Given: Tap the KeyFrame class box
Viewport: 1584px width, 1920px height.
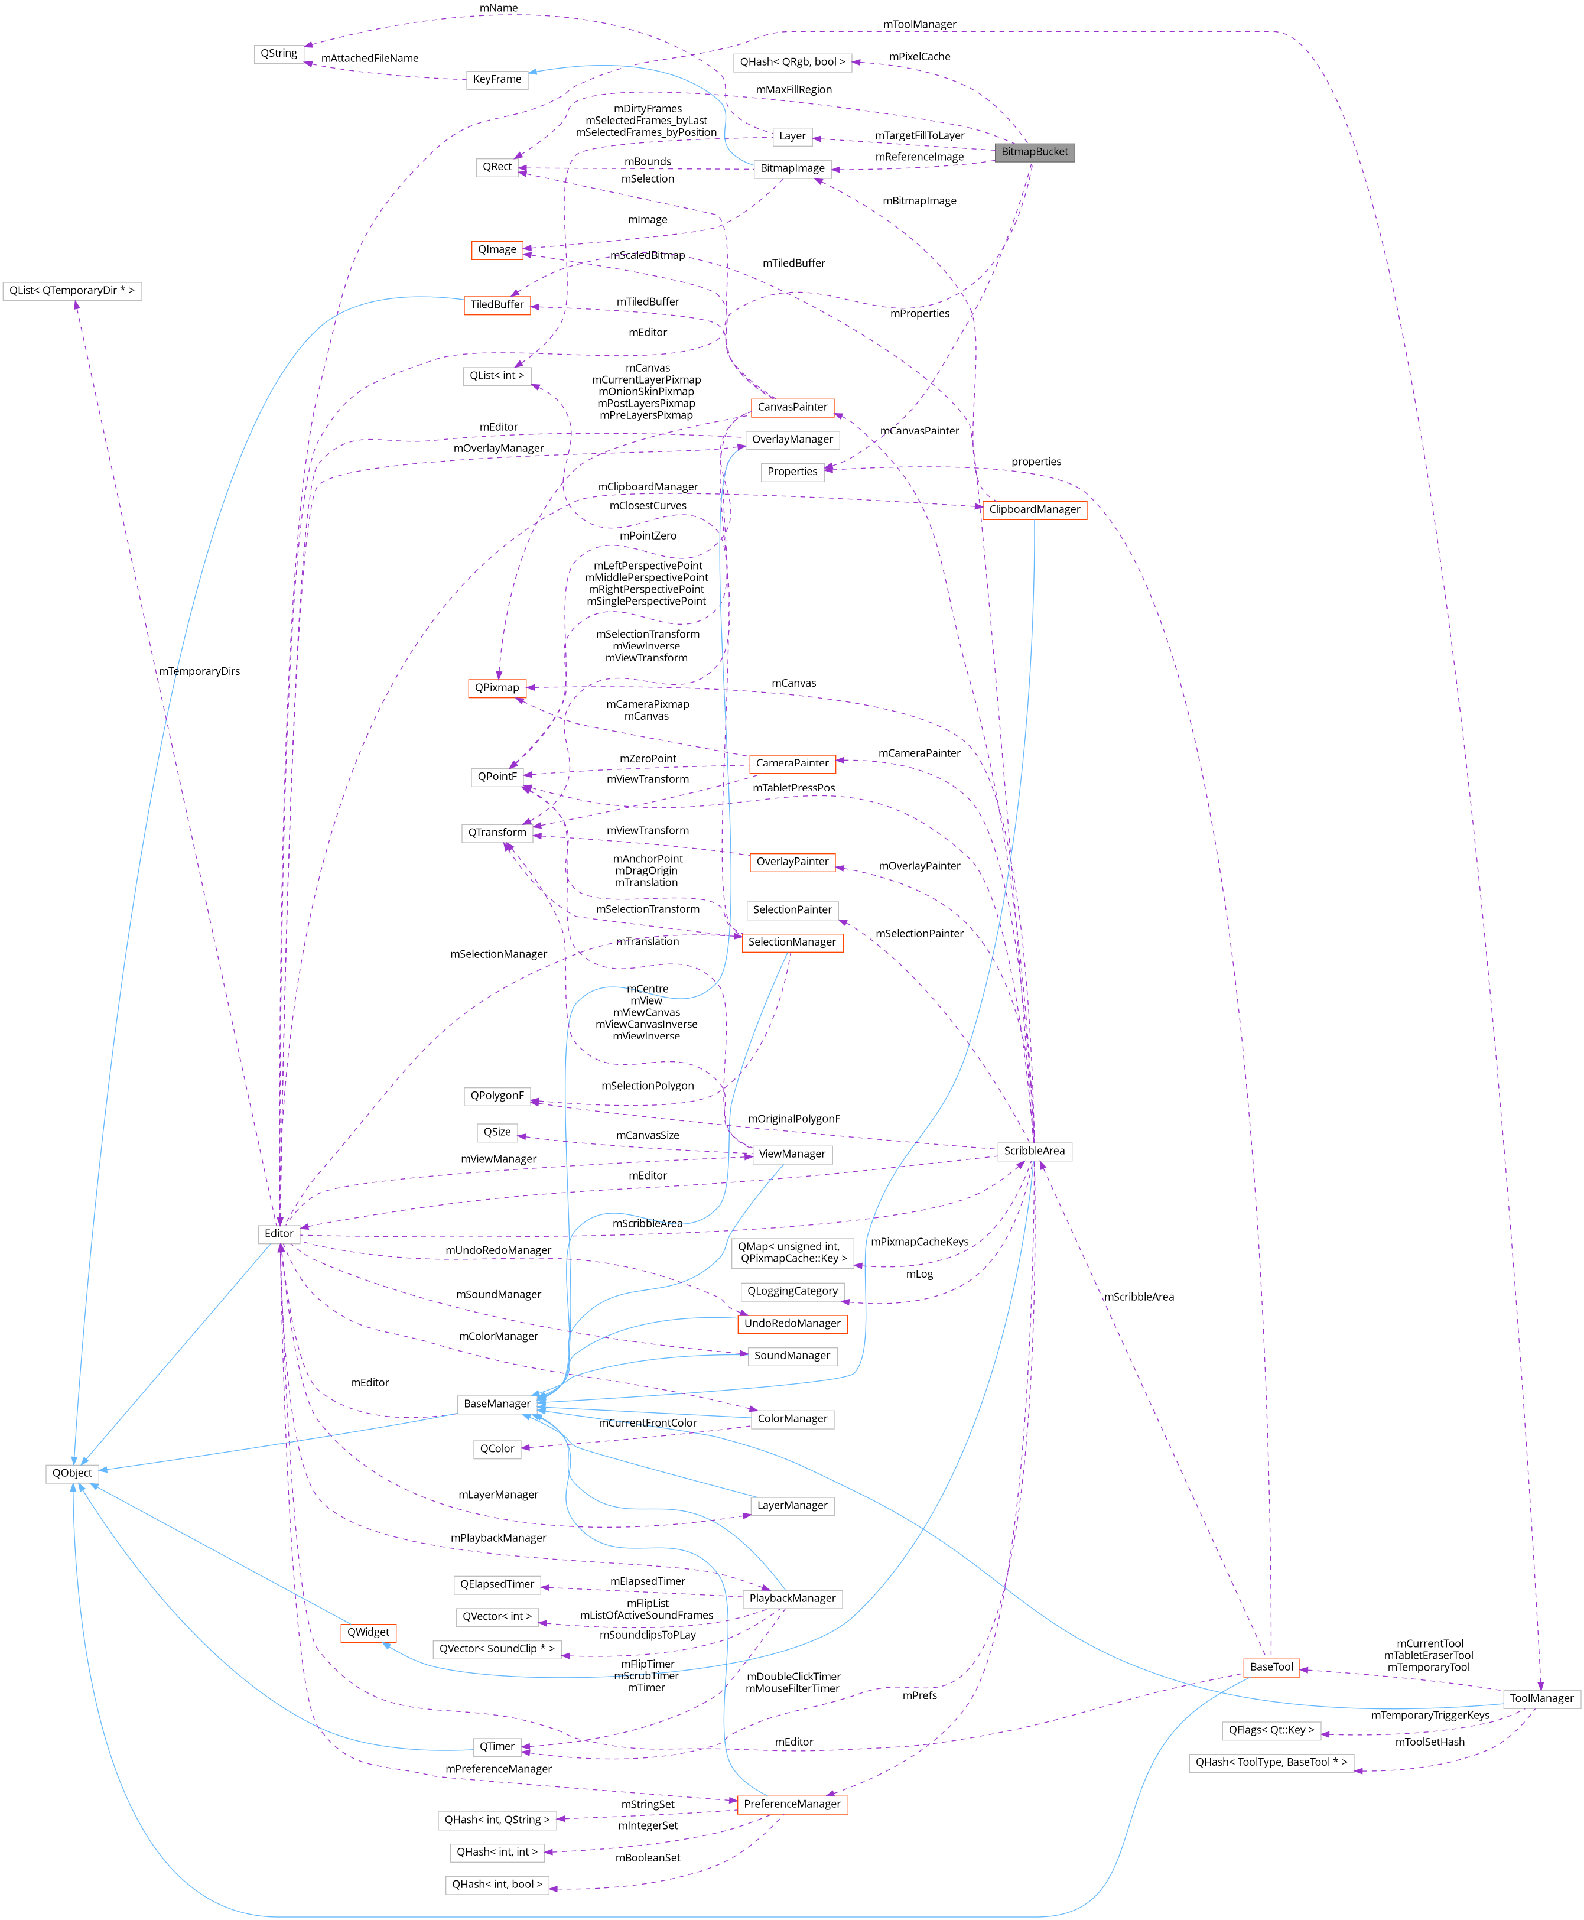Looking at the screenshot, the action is pos(497,79).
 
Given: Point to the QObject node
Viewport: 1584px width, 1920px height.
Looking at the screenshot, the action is pos(72,1473).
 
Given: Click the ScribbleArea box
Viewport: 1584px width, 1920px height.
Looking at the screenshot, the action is pos(1034,1151).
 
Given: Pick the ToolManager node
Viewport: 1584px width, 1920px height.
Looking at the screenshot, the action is pos(1541,1698).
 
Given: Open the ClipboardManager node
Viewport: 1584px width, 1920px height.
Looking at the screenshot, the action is pos(1034,509).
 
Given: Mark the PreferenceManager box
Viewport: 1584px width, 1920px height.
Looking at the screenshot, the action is pos(792,1804).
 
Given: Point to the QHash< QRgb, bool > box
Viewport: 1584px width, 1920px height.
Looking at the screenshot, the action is pos(792,62).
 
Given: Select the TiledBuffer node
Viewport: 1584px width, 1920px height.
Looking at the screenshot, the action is pos(497,305).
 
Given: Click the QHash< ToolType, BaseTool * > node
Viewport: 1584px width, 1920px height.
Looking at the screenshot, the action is pos(1271,1762).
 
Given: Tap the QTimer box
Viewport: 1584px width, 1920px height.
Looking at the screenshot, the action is pos(497,1747).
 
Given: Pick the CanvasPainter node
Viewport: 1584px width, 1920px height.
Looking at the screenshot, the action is pos(792,407).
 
